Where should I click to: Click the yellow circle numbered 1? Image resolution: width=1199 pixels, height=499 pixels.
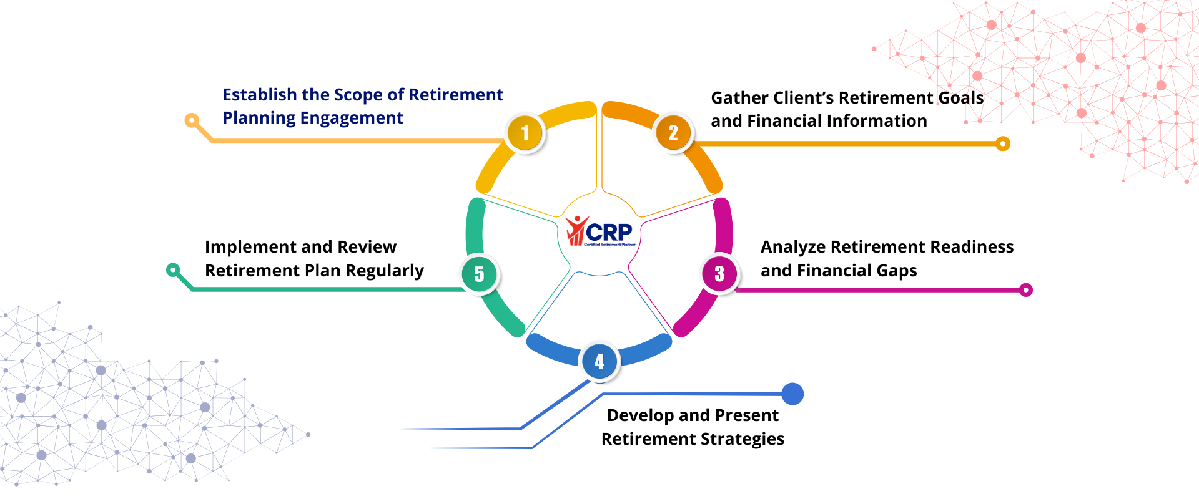[x=525, y=133]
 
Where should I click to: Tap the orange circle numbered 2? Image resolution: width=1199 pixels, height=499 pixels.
[x=673, y=132]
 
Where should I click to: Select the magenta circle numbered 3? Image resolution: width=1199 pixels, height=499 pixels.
[x=719, y=273]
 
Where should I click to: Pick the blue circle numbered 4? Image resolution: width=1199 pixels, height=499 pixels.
[x=599, y=361]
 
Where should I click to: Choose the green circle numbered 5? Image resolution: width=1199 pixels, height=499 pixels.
[x=479, y=274]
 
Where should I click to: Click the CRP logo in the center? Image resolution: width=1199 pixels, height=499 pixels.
[x=599, y=232]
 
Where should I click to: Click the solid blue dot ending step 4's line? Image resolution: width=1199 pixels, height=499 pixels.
[x=792, y=394]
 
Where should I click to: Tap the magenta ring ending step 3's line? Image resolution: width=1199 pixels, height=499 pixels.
[x=1025, y=290]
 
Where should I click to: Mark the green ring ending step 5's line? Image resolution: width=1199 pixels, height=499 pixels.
[x=173, y=270]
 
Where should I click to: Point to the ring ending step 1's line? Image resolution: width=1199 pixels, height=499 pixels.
[x=192, y=120]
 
